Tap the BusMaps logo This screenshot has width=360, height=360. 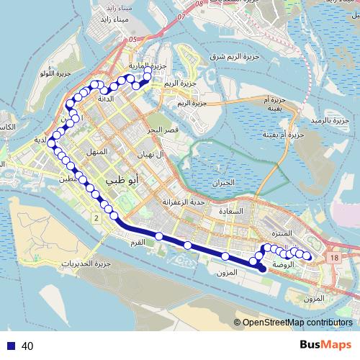(322, 346)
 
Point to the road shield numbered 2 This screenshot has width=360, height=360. (95, 217)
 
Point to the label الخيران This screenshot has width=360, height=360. (225, 183)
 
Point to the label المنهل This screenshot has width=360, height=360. (96, 153)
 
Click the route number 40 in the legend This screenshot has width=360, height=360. (28, 346)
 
